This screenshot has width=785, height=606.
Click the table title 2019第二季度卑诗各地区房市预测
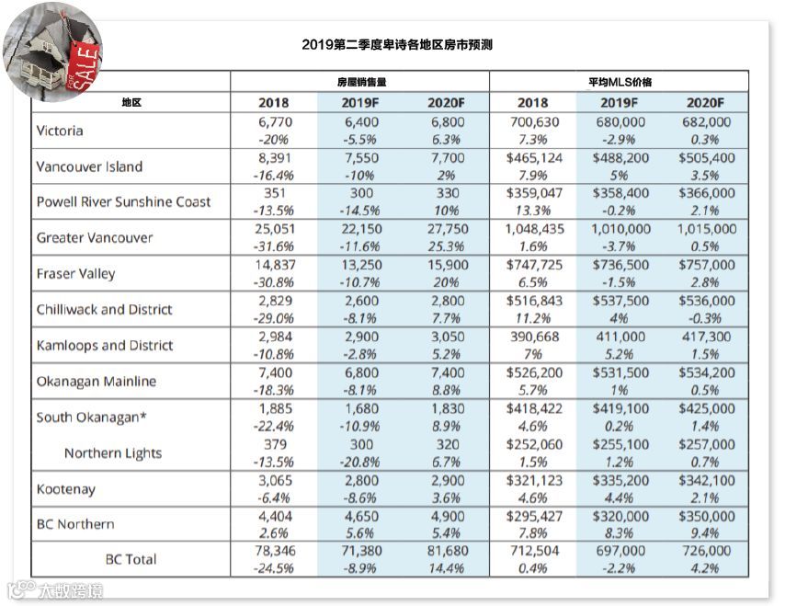click(397, 44)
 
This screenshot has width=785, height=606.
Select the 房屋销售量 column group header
click(358, 81)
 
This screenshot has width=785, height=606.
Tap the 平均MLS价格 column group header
click(620, 81)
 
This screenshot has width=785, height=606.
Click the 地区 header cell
click(131, 102)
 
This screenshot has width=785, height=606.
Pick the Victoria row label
click(60, 131)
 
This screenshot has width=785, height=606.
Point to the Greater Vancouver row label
click(95, 237)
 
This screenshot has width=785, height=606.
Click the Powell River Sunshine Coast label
click(123, 201)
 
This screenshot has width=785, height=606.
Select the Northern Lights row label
click(113, 452)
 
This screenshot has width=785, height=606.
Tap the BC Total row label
click(131, 558)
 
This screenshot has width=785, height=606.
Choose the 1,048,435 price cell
click(532, 228)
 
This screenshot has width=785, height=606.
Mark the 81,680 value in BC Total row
click(447, 550)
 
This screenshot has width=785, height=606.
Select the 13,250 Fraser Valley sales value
click(360, 264)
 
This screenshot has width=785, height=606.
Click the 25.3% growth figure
click(447, 246)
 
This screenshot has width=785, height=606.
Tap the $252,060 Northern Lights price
click(532, 444)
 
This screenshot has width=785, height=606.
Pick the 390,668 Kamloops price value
click(532, 337)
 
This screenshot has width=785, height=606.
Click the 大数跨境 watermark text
click(70, 589)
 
